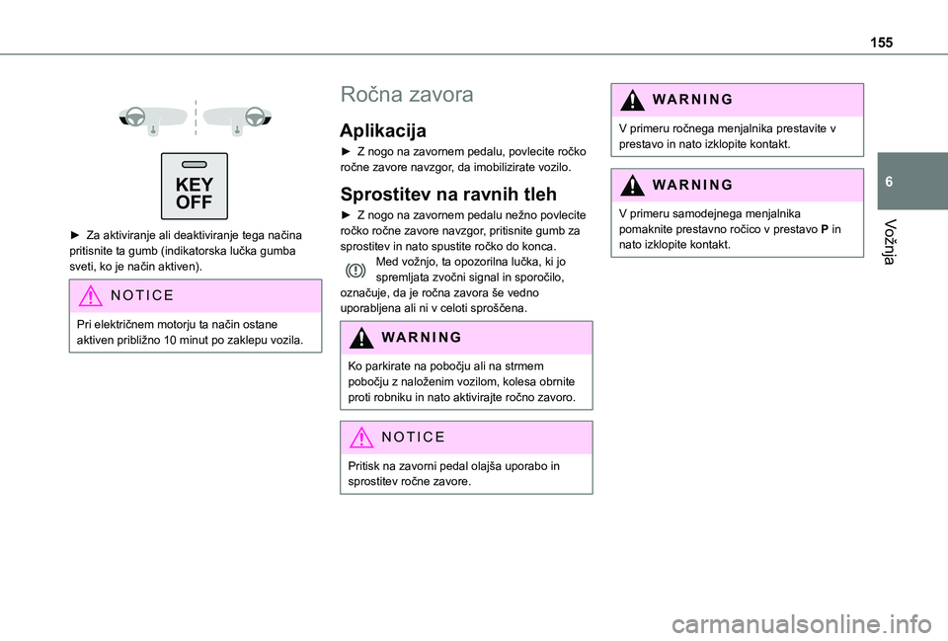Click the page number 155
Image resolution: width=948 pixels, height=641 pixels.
tap(882, 42)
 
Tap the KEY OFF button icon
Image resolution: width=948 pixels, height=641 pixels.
tap(195, 187)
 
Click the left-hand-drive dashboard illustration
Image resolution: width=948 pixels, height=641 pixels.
tap(154, 119)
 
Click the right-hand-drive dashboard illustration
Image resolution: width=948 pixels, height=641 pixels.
tap(238, 119)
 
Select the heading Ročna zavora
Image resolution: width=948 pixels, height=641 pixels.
tap(407, 95)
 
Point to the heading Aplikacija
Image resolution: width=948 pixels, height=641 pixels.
tap(383, 130)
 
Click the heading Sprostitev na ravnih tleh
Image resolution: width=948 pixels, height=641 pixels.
tap(448, 195)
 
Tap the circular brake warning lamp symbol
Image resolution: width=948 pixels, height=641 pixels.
tap(355, 270)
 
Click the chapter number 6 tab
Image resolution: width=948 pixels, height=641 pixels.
tap(889, 182)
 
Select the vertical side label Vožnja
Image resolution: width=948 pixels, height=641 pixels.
tap(889, 242)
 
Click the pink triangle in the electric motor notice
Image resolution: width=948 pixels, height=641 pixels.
tap(90, 295)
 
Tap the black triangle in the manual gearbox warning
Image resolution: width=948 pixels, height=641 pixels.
tap(632, 100)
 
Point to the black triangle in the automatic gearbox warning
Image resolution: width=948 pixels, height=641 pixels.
tap(632, 185)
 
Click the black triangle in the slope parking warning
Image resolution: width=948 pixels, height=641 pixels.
tap(361, 338)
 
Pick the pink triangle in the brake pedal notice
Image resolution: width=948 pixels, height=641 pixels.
tap(361, 438)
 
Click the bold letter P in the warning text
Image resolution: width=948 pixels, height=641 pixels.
tap(824, 230)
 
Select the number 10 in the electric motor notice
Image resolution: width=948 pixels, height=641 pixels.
tap(169, 340)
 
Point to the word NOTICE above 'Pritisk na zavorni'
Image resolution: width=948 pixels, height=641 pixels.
tap(413, 438)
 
